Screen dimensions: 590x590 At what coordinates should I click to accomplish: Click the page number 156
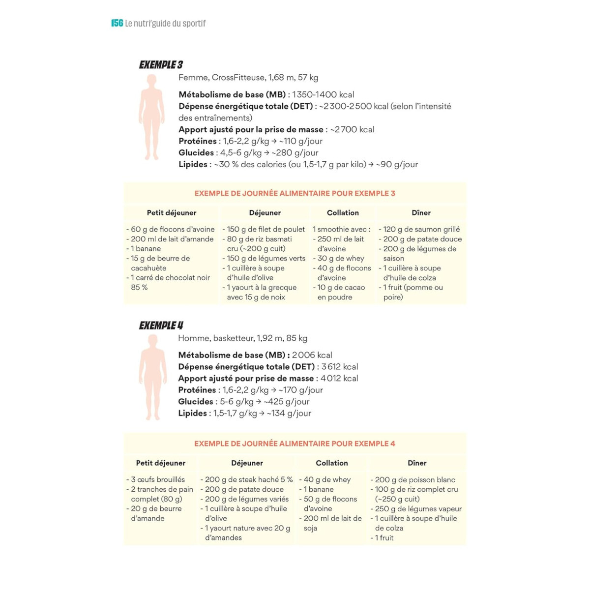117,23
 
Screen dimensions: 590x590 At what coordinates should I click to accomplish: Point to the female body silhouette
151,117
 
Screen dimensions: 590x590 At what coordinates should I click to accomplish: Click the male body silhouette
152,377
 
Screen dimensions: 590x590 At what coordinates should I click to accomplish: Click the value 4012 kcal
339,379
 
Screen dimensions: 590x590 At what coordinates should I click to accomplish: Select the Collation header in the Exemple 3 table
343,213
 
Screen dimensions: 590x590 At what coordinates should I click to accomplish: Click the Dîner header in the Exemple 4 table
417,463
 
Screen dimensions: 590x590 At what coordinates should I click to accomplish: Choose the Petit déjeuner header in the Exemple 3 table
171,213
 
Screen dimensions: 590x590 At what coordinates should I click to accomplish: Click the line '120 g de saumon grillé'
421,229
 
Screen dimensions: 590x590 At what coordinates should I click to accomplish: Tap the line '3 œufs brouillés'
158,479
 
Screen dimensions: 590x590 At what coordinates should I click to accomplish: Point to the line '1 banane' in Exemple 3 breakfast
146,249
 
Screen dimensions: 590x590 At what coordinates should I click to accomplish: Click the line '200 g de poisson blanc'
415,480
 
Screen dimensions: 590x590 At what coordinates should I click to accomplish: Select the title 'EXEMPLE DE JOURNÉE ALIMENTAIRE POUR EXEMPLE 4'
295,443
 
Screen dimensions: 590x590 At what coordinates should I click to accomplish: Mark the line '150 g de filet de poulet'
265,229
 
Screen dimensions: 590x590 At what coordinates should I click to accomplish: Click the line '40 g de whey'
327,479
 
